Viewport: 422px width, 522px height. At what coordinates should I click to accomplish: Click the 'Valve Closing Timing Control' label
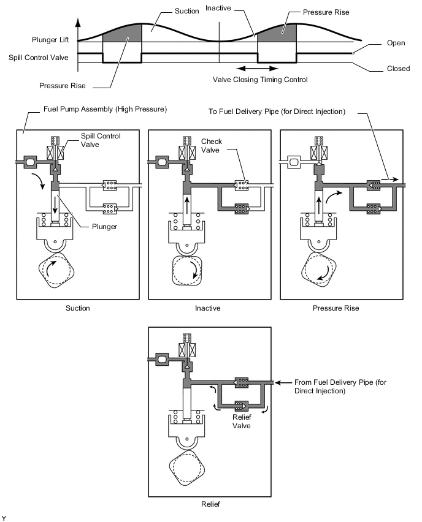click(x=260, y=80)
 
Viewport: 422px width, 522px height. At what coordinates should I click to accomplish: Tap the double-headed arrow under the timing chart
click(x=257, y=69)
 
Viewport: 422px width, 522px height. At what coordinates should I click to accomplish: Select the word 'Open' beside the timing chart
click(x=396, y=43)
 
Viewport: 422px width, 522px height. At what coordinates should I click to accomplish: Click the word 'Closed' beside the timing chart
click(x=398, y=69)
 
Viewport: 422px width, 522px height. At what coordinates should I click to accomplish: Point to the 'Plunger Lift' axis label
click(x=50, y=40)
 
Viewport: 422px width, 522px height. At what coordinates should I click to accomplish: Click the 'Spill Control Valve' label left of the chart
click(x=38, y=58)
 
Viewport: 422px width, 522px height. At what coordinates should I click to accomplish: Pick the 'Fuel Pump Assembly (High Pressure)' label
click(x=105, y=109)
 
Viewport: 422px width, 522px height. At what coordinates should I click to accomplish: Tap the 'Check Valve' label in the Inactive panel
click(x=212, y=146)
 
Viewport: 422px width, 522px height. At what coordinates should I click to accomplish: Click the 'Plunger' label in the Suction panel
click(x=104, y=227)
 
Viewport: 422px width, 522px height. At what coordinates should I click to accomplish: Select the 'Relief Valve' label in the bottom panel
click(x=242, y=422)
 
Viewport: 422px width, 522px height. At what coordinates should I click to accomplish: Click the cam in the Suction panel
click(x=56, y=270)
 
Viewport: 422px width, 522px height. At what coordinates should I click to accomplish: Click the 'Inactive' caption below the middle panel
click(x=208, y=308)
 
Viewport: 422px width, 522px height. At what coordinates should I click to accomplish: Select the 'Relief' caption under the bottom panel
click(x=210, y=504)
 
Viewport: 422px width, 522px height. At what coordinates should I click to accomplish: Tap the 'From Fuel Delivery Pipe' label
click(x=340, y=387)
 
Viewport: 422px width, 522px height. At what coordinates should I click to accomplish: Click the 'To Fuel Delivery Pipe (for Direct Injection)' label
click(x=277, y=112)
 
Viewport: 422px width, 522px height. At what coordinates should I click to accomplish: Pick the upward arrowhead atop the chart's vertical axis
click(x=78, y=23)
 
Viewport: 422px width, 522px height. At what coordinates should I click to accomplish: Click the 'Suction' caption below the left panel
click(x=78, y=308)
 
